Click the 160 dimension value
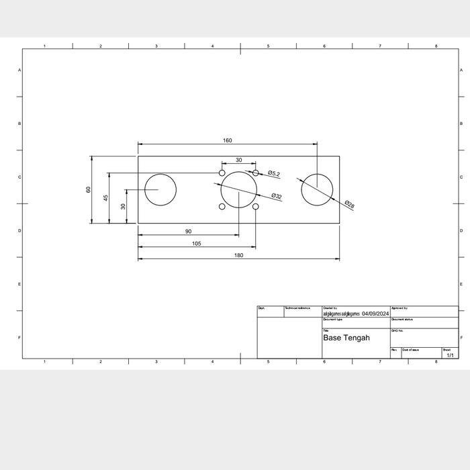coord(228,140)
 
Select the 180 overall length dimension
coord(238,255)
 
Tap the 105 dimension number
coord(196,244)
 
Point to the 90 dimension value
coord(188,232)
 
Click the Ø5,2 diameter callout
coord(273,174)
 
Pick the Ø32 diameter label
coord(277,196)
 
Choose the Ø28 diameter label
coord(349,203)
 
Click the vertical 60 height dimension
coord(88,189)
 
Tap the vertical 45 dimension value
coord(105,198)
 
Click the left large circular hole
coord(160,189)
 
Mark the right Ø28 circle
coord(317,189)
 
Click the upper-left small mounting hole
coord(222,173)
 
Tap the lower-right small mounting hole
coord(256,206)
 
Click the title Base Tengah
coord(346,338)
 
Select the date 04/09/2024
coord(375,314)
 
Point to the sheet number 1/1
coord(450,355)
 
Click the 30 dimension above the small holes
coord(238,160)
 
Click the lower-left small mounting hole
coord(222,206)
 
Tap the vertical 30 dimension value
coord(123,206)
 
